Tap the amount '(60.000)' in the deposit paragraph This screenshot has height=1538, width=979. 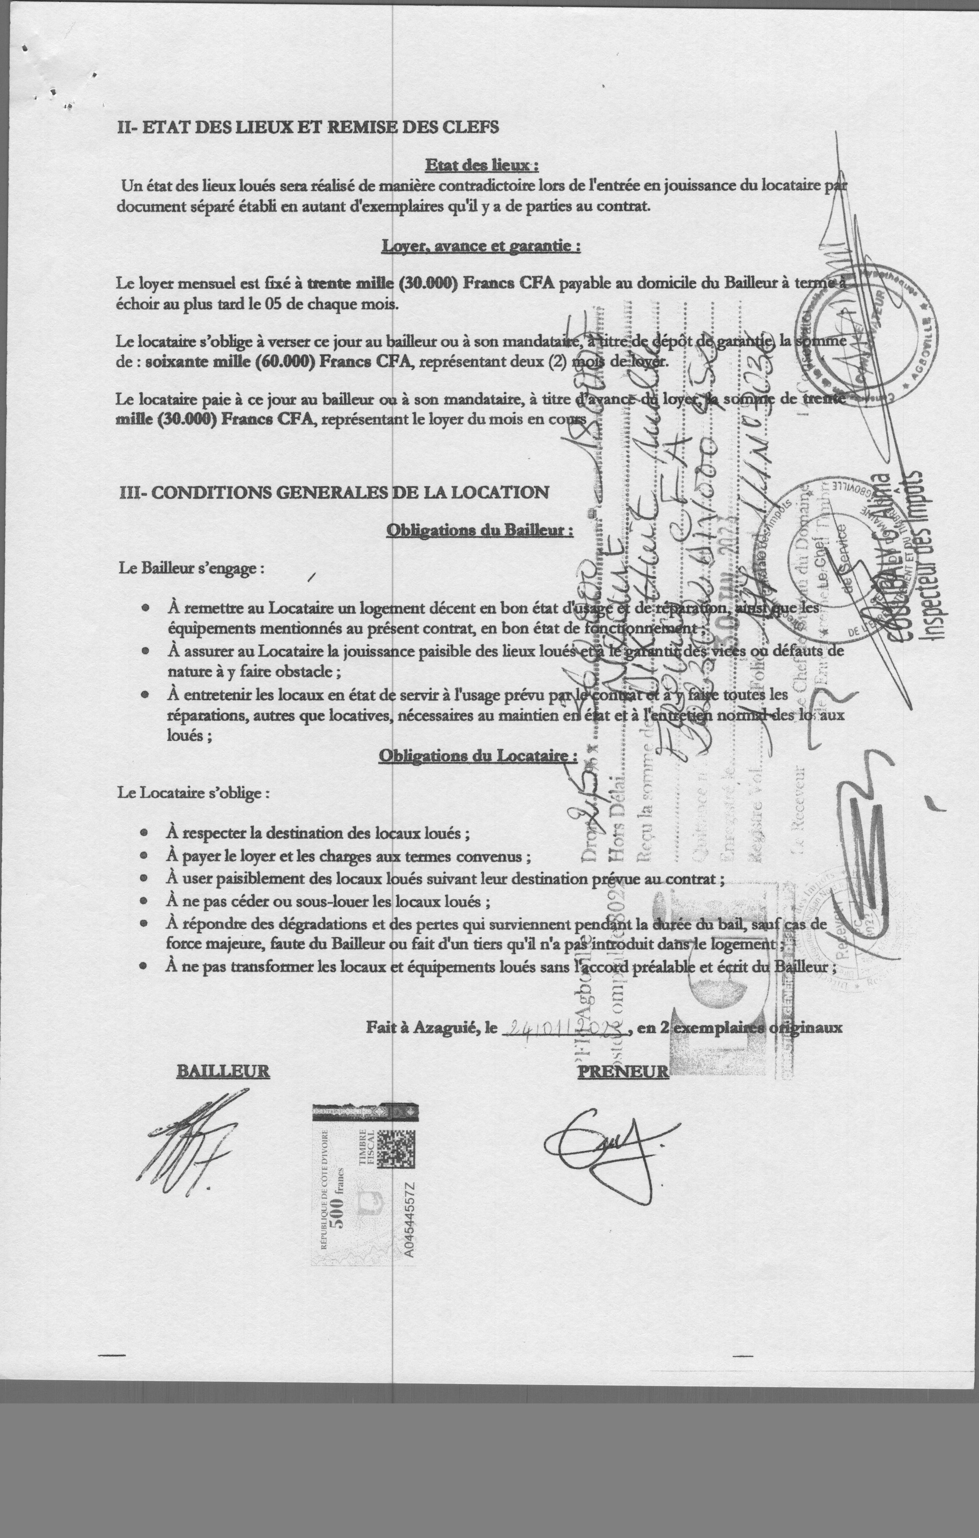coord(284,362)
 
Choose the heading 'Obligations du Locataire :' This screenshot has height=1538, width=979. coord(478,756)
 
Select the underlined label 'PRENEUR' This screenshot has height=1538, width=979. coord(623,1071)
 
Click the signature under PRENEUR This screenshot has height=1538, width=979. coord(601,1146)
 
